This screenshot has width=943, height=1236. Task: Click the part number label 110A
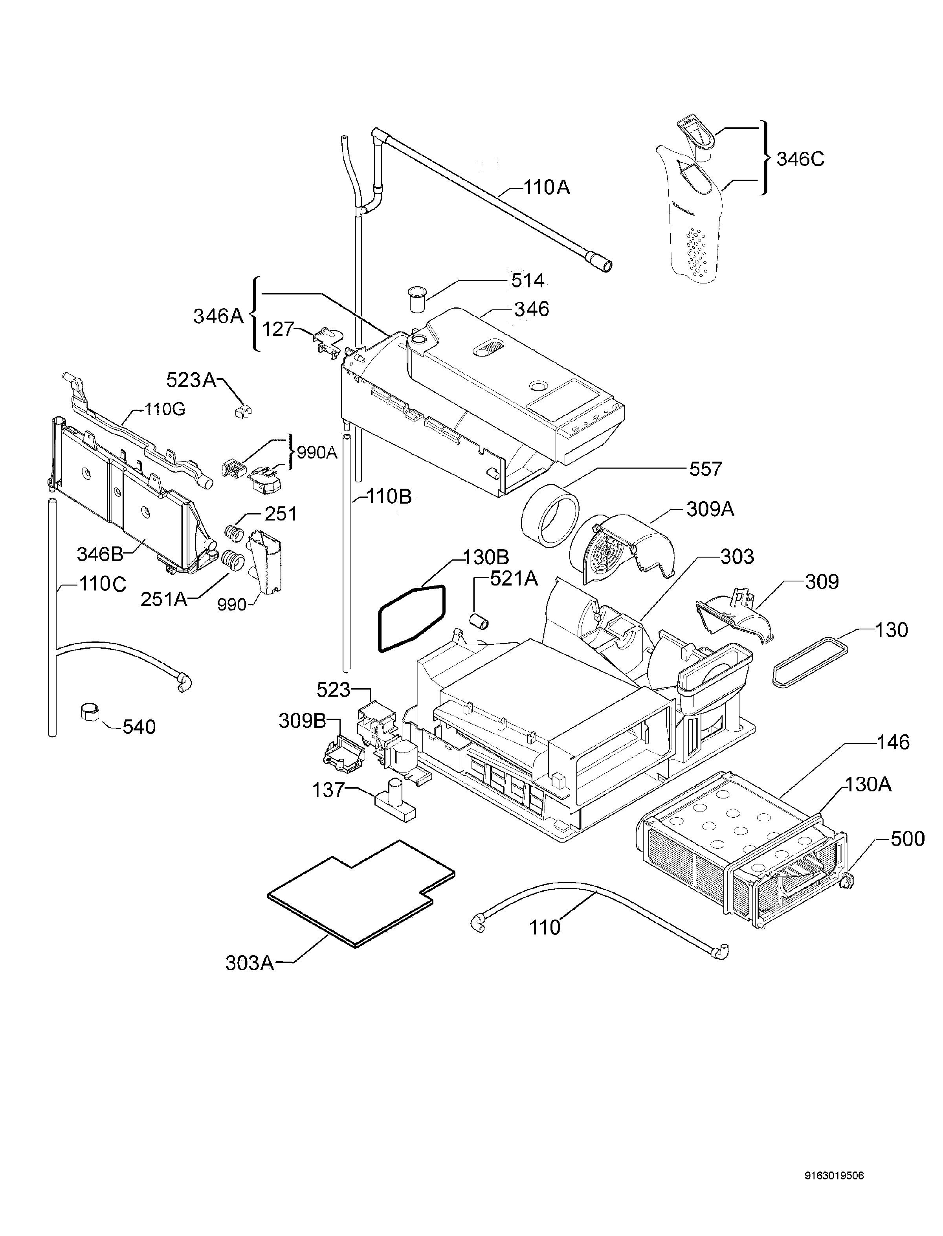[546, 187]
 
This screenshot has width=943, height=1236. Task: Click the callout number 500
[907, 839]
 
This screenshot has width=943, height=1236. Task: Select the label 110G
[165, 409]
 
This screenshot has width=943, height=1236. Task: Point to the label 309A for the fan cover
[710, 509]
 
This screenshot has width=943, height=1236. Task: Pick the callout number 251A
[163, 599]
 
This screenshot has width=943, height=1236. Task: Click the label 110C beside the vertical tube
[103, 584]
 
